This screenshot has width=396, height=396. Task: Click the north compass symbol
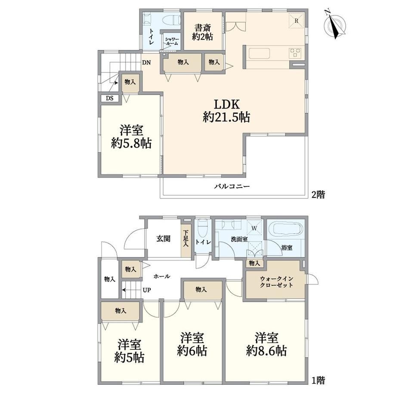click(335, 24)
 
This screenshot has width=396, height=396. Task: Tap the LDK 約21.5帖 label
click(226, 111)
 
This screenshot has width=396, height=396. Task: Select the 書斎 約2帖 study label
click(203, 32)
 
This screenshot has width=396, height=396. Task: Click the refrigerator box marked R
click(297, 21)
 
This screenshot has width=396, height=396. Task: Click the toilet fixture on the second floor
click(172, 19)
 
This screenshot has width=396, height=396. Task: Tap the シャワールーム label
click(172, 41)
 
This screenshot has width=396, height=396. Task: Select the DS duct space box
click(110, 98)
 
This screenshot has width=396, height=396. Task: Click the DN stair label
click(146, 62)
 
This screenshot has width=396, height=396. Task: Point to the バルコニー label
click(232, 187)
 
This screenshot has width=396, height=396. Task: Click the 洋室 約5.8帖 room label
click(131, 136)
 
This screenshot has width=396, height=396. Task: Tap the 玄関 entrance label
click(164, 238)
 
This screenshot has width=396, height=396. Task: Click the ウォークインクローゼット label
click(276, 282)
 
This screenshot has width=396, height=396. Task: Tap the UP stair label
click(147, 290)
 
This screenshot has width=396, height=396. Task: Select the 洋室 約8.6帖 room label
click(266, 344)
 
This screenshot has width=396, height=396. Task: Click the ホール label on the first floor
click(162, 276)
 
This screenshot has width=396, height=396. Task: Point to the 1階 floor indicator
click(318, 380)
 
